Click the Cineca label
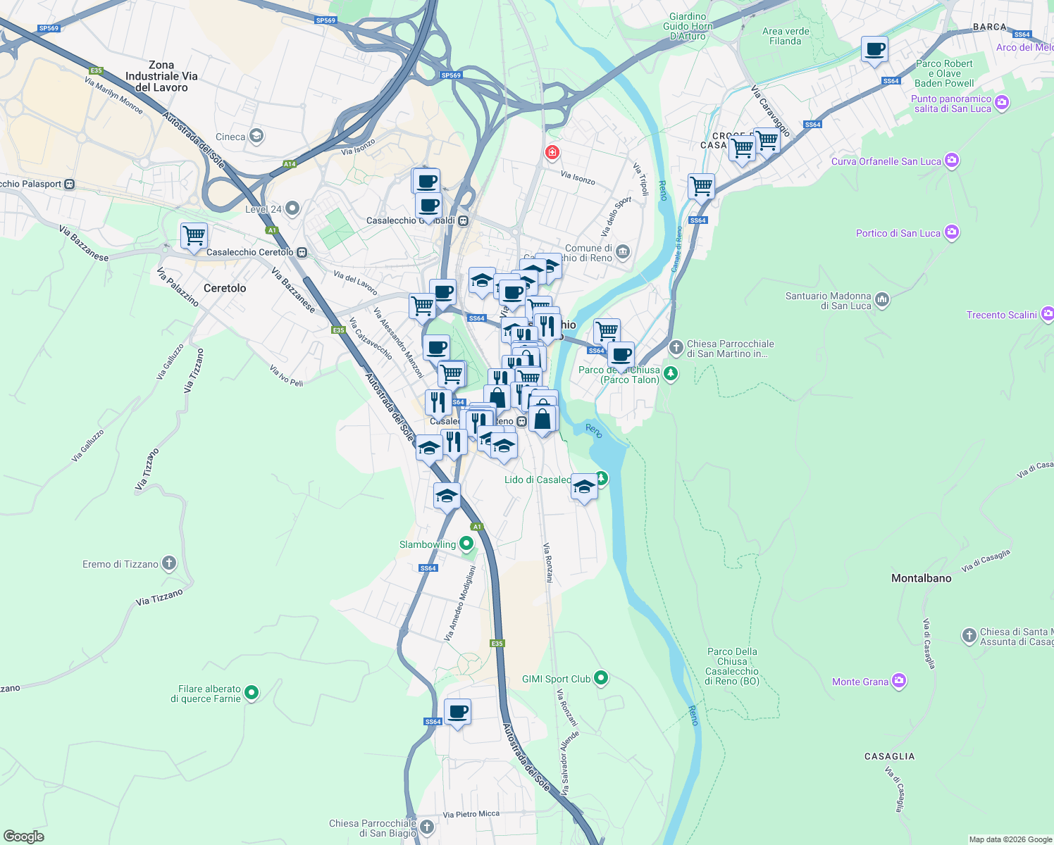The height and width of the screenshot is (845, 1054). tap(231, 137)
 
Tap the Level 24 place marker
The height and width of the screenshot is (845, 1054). tap(292, 208)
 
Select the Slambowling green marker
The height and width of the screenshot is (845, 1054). tap(466, 544)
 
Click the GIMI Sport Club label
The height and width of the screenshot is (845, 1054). tap(556, 679)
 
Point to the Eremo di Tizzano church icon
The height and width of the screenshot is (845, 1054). tap(168, 563)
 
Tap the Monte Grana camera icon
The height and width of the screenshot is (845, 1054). tap(898, 681)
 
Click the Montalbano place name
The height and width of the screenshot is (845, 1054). tap(921, 578)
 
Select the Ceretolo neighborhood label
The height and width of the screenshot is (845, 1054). tap(225, 288)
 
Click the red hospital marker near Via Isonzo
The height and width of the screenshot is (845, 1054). tap(552, 152)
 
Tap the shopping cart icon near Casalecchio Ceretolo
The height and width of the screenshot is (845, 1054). tap(194, 235)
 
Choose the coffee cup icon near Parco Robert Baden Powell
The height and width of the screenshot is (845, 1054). tap(874, 50)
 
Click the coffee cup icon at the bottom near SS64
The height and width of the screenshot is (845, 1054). tap(457, 712)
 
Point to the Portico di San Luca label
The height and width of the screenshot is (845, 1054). tap(898, 233)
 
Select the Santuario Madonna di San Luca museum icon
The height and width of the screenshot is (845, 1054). tap(882, 301)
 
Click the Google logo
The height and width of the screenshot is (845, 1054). tap(23, 837)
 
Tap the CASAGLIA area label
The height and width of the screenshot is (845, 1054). tap(889, 756)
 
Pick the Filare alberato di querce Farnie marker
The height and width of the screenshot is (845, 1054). tap(252, 693)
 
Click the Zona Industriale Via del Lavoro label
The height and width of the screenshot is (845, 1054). tap(161, 76)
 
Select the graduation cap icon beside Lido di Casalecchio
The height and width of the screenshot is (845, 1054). tap(584, 487)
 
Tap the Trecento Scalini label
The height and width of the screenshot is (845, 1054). tap(1001, 315)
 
